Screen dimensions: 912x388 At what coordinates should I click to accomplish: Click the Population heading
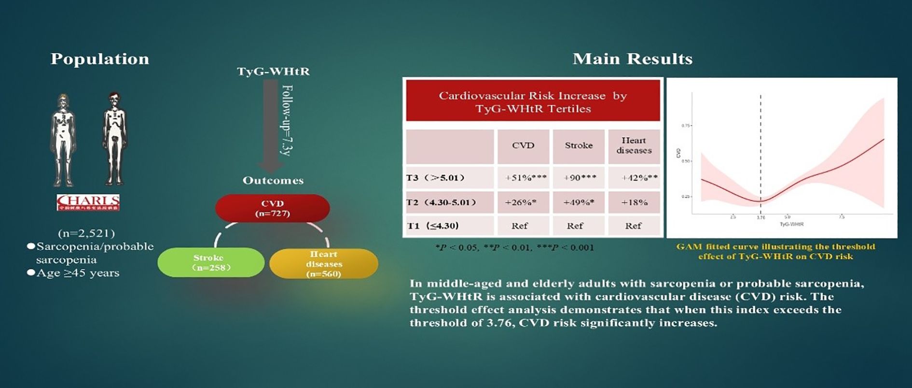point(100,59)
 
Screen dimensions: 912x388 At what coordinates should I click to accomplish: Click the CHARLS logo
point(88,202)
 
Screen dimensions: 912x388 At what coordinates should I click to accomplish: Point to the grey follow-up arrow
point(272,126)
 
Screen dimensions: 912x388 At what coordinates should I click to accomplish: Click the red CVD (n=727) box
point(273,208)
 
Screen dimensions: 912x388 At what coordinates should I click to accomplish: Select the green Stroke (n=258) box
point(211,262)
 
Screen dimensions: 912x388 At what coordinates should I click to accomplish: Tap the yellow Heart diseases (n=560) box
point(324,264)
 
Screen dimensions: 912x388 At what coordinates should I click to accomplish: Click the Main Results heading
point(632,59)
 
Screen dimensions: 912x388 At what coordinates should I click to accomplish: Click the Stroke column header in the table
point(579,145)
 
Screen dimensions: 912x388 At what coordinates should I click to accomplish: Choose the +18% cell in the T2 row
point(634,202)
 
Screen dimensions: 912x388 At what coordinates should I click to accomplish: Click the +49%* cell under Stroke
point(579,202)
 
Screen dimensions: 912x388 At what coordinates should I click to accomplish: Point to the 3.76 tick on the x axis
point(760,218)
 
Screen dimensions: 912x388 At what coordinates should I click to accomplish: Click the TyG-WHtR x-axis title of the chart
point(791,225)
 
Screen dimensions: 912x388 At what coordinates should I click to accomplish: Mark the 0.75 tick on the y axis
point(685,126)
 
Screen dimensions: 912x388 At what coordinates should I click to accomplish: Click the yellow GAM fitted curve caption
point(775,251)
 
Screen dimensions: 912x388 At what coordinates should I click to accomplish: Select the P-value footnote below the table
point(514,248)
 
